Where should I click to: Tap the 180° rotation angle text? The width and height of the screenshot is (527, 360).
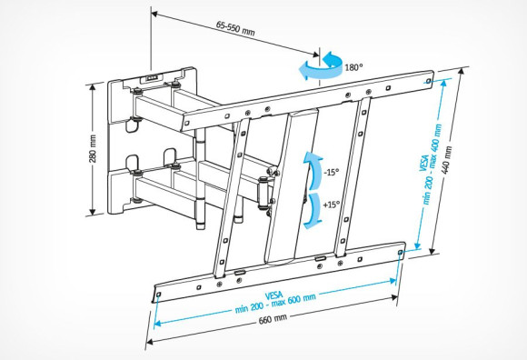353,66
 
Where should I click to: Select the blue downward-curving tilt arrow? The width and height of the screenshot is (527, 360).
311,207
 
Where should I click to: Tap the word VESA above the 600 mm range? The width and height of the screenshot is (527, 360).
274,294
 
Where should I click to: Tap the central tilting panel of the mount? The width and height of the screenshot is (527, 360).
293,182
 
